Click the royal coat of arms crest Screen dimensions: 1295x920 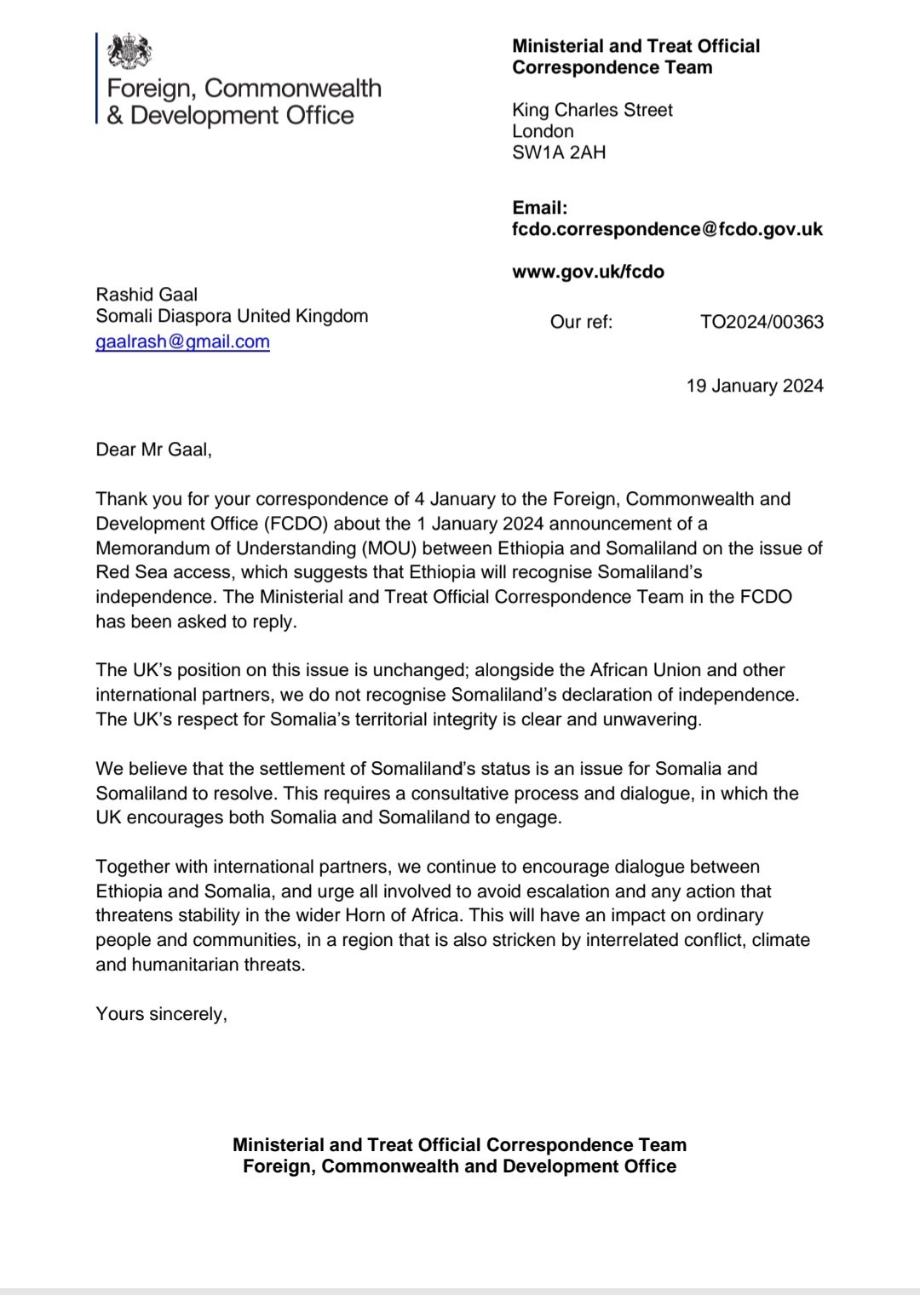click(129, 53)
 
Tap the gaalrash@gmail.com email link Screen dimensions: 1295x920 click(182, 342)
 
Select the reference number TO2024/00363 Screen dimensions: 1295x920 click(762, 322)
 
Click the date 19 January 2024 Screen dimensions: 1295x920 click(755, 386)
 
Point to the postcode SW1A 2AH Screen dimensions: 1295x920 click(559, 152)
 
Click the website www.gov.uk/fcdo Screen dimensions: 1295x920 click(588, 272)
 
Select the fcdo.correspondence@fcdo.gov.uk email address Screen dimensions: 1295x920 click(667, 229)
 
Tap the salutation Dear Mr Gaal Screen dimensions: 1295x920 click(153, 450)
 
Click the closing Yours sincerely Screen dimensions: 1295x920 click(161, 1014)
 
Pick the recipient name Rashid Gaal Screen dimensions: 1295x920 click(147, 295)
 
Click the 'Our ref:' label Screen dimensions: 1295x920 click(581, 322)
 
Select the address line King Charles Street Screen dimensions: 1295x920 click(592, 110)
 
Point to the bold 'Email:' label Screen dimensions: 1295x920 click(539, 208)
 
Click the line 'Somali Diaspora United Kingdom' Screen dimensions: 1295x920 click(232, 316)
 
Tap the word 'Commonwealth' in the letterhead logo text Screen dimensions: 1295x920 click(293, 89)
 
